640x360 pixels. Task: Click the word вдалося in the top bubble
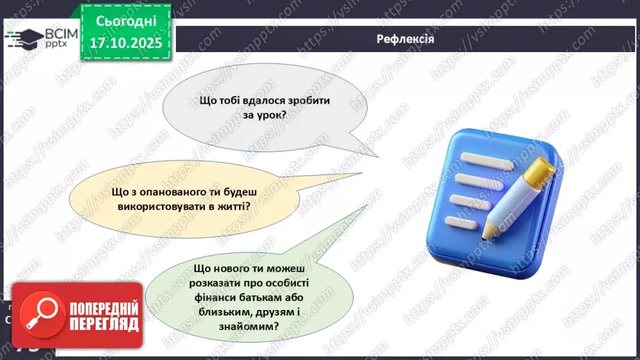pyautogui.click(x=254, y=101)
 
